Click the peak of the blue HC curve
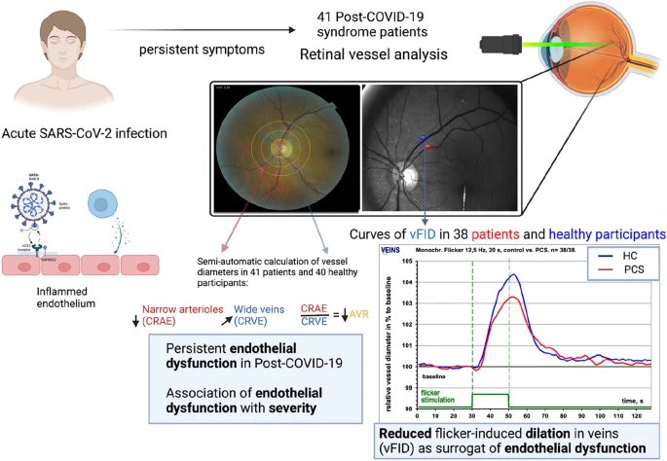click(x=513, y=275)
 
